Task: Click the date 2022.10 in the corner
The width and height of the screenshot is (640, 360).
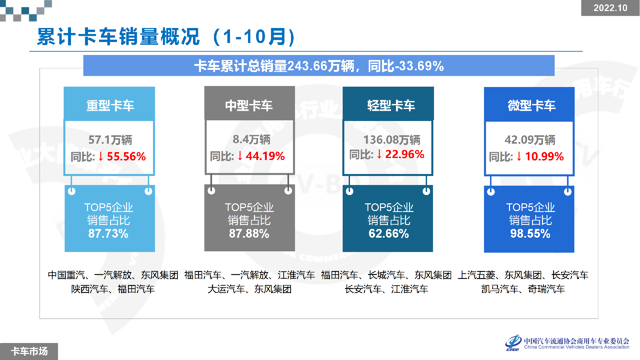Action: pos(610,8)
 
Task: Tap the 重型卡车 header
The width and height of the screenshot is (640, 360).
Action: pos(110,106)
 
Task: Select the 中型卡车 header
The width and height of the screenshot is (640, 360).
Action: pos(249,106)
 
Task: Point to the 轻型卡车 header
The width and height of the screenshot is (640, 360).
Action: pos(391,106)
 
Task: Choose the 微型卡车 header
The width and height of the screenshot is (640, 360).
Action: pos(532,106)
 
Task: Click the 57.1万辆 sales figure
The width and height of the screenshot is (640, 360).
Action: pos(110,140)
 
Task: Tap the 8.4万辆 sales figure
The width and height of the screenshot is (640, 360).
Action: pos(251,139)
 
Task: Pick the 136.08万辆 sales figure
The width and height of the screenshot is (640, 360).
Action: pos(392,140)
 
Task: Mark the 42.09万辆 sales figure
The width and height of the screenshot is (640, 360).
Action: pos(530,140)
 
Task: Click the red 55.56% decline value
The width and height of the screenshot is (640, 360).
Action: pos(126,156)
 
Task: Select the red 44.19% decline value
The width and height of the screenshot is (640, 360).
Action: pos(265,156)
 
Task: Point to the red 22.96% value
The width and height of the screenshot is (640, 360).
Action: pos(405,154)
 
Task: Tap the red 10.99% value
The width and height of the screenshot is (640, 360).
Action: pos(544,156)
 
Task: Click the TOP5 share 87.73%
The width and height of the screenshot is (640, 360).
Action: pos(108,234)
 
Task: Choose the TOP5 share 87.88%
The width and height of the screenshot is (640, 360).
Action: pos(249,234)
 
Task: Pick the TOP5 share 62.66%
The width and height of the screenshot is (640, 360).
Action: pos(389,234)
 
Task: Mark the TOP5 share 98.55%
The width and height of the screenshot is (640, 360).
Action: pos(530,234)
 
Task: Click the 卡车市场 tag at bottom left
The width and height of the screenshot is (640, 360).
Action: pos(29,351)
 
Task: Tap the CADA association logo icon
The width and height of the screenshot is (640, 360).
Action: pos(513,343)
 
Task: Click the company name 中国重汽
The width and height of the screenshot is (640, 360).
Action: pos(66,275)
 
